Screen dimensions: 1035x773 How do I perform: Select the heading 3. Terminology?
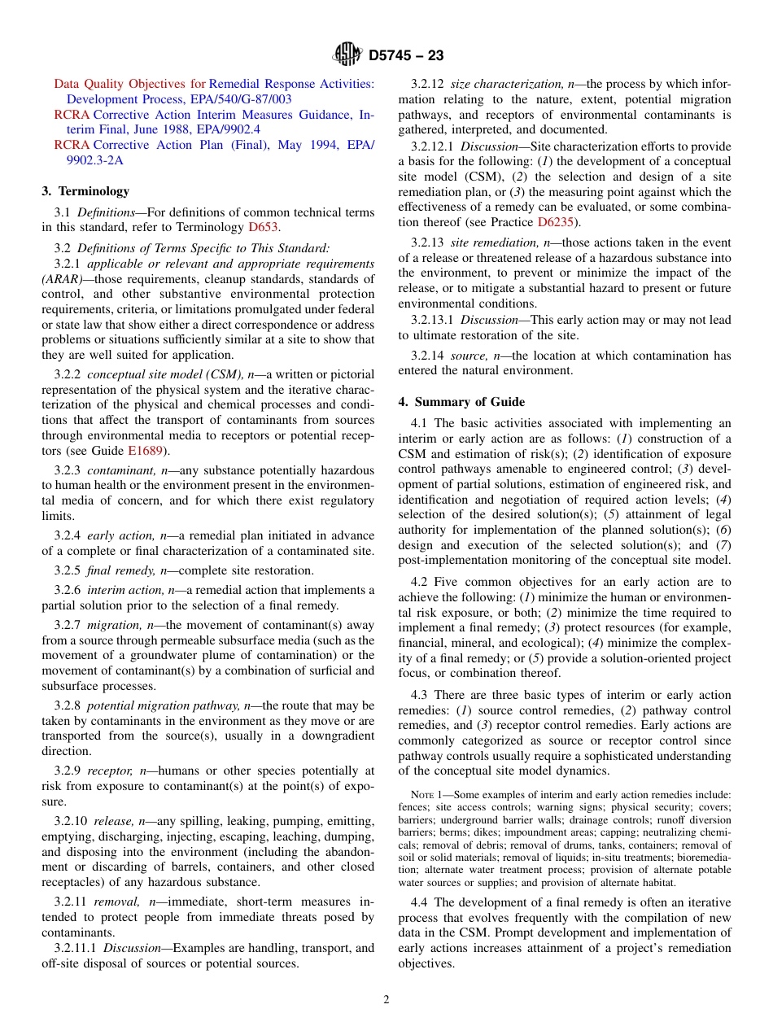coord(85,191)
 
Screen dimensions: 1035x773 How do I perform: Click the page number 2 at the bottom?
coord(386,999)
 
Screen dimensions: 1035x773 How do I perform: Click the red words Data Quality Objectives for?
coord(129,84)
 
